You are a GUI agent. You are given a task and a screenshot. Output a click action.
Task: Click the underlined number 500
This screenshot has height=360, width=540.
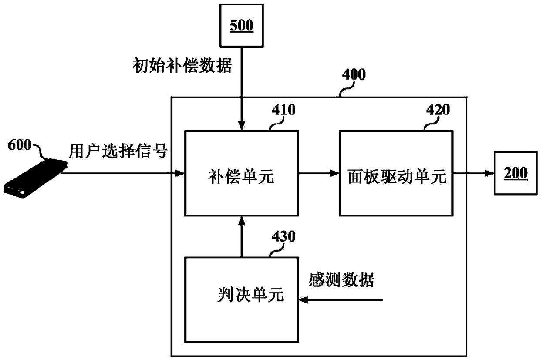(242, 25)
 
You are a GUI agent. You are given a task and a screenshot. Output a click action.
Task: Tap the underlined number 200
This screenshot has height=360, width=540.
(516, 173)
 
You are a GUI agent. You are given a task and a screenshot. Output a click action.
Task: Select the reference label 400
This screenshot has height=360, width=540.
(354, 74)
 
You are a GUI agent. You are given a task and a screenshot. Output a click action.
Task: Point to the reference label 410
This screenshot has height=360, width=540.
(283, 110)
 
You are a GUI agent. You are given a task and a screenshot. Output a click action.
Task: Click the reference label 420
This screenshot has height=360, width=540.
(438, 110)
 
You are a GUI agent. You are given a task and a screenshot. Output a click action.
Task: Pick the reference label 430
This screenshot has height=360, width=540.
(283, 236)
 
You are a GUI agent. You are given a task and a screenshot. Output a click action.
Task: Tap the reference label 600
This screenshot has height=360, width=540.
(20, 145)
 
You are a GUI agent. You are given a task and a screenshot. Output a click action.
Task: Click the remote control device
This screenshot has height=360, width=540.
(35, 178)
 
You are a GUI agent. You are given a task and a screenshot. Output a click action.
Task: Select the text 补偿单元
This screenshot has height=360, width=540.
(241, 176)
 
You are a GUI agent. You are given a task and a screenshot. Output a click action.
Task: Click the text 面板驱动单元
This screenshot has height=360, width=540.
(397, 176)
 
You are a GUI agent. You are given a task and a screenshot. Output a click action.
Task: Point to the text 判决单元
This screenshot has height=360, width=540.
(251, 294)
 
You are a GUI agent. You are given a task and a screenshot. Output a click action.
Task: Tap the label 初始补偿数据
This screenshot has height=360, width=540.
(182, 66)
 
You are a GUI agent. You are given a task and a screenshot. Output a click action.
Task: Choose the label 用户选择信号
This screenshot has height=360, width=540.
(118, 151)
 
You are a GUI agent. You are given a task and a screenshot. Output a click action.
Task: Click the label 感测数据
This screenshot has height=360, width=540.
(341, 279)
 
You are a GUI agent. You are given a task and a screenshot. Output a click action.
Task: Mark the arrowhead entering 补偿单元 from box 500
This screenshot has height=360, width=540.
(242, 125)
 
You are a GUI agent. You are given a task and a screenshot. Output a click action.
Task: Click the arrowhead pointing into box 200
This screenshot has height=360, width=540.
(489, 173)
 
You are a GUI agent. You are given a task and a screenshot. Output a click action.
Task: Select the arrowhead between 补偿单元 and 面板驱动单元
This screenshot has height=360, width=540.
(334, 173)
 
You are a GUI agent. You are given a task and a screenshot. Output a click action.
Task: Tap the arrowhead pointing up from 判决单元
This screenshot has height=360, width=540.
(242, 221)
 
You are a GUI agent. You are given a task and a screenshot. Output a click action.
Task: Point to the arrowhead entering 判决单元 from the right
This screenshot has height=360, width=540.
(304, 300)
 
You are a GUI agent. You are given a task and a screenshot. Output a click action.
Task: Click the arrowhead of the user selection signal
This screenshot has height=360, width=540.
(179, 173)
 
